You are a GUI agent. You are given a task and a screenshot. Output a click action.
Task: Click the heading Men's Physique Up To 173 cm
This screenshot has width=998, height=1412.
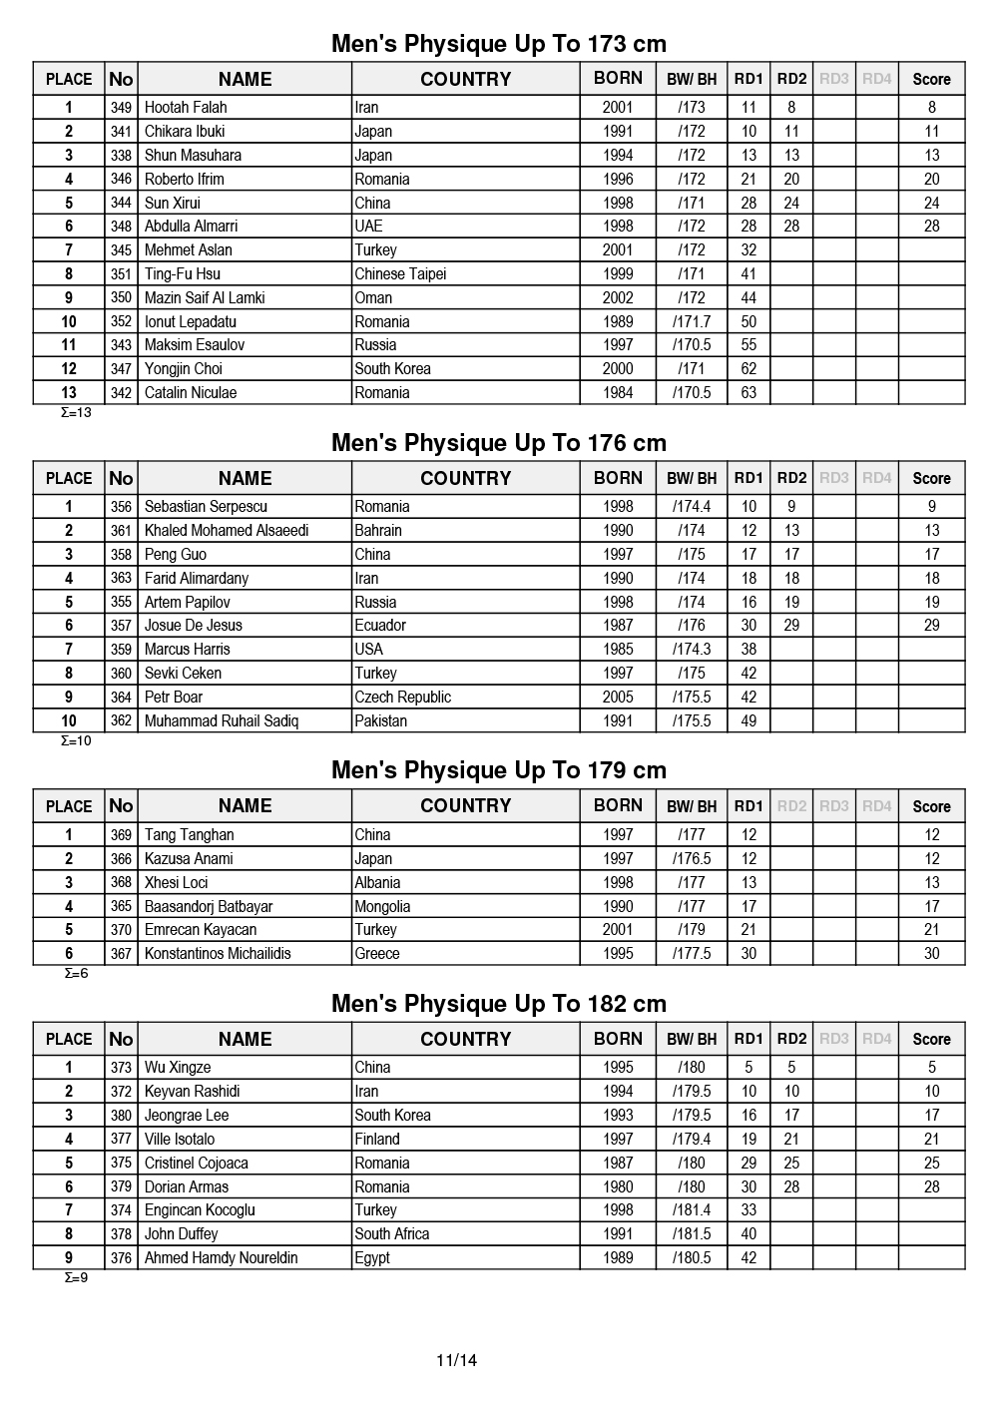click(x=499, y=44)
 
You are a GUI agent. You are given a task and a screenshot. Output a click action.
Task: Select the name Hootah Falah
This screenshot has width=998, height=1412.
click(x=186, y=108)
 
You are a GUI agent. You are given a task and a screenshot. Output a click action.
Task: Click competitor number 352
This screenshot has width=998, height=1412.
click(x=121, y=322)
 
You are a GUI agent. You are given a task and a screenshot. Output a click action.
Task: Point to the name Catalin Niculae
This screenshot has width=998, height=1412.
click(x=191, y=393)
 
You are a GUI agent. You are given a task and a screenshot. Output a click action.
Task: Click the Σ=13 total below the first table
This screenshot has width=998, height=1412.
click(x=76, y=412)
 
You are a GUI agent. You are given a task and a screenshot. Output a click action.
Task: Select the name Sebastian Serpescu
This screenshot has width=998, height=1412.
click(x=206, y=507)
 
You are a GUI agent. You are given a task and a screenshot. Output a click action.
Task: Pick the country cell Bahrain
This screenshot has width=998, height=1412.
click(x=378, y=531)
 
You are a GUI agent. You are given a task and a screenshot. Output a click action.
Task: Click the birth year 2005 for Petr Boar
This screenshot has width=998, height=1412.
click(x=618, y=698)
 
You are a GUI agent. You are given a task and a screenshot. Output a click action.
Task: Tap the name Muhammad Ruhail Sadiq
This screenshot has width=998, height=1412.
click(x=222, y=721)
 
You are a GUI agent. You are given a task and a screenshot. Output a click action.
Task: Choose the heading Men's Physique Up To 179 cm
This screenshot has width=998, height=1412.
click(x=499, y=770)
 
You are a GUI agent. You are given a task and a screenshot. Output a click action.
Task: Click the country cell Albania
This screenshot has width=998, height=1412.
click(x=377, y=883)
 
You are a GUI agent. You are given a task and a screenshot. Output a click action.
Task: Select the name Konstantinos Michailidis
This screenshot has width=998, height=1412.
click(x=218, y=954)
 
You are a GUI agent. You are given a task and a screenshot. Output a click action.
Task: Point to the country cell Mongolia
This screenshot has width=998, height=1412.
click(x=382, y=907)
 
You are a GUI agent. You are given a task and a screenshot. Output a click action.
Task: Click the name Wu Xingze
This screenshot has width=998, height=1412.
click(x=178, y=1068)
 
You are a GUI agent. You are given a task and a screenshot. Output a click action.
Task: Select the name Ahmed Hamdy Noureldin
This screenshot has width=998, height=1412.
click(x=222, y=1258)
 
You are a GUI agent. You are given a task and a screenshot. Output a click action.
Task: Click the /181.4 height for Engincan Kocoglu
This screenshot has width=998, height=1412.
click(x=692, y=1210)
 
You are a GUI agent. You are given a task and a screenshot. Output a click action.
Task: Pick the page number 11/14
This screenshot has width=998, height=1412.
click(x=457, y=1360)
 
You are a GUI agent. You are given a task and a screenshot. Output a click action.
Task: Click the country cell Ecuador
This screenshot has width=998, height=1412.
click(x=380, y=626)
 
